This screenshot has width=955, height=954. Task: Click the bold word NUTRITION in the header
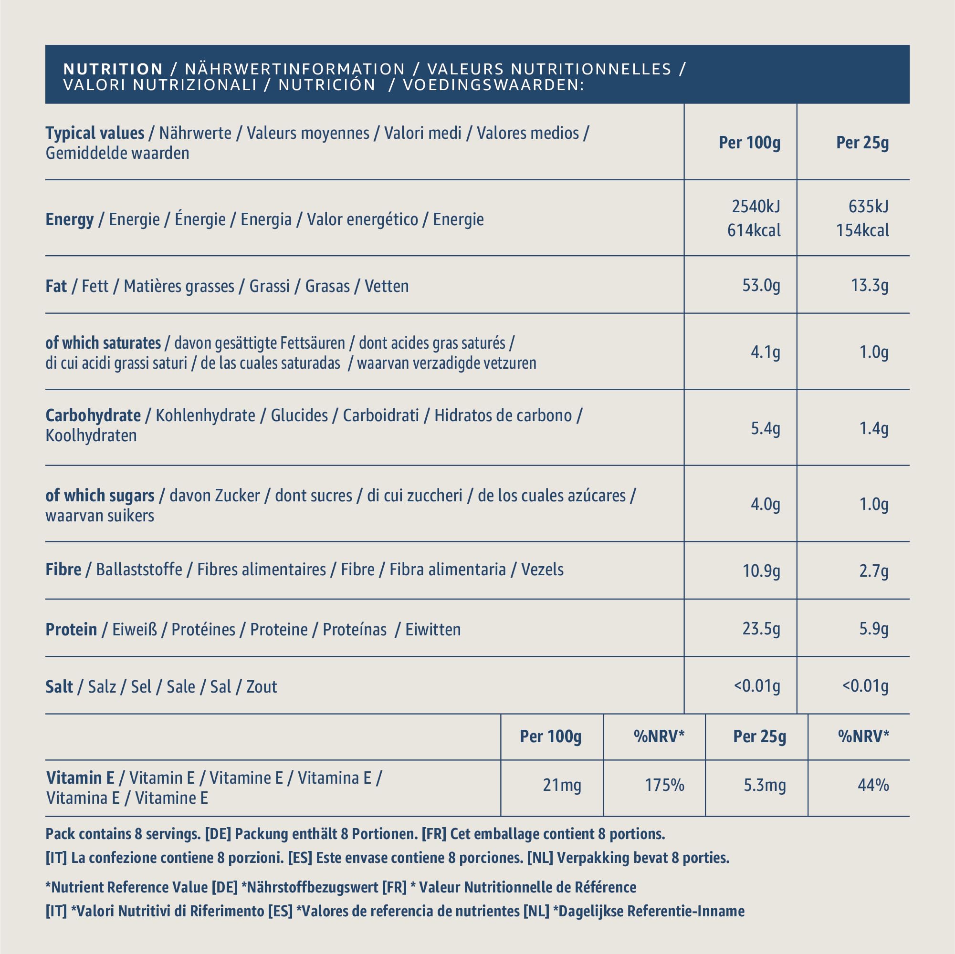click(113, 69)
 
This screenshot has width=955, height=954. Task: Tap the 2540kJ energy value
click(756, 206)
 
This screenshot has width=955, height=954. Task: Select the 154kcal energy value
click(862, 230)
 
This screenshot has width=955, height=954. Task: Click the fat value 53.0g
click(761, 286)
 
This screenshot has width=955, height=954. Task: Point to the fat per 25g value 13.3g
click(870, 286)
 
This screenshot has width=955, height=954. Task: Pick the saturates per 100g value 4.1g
click(765, 352)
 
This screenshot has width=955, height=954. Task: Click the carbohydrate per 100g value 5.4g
click(765, 428)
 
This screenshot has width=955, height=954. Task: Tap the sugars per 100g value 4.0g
click(765, 504)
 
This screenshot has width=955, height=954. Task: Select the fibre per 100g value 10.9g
click(761, 571)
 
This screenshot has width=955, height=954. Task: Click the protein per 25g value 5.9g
click(873, 629)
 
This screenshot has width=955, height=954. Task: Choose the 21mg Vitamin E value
click(562, 785)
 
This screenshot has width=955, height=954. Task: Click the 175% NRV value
click(664, 785)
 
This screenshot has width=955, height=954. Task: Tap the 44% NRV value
click(873, 785)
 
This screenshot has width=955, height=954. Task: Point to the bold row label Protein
click(71, 630)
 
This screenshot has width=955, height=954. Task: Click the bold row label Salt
click(59, 687)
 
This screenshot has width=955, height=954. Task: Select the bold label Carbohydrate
click(93, 415)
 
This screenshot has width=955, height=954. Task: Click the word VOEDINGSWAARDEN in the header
click(493, 85)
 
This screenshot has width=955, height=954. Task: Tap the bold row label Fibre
click(63, 570)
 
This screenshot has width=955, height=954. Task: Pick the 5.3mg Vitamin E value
click(765, 785)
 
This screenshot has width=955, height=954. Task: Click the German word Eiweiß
click(135, 630)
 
